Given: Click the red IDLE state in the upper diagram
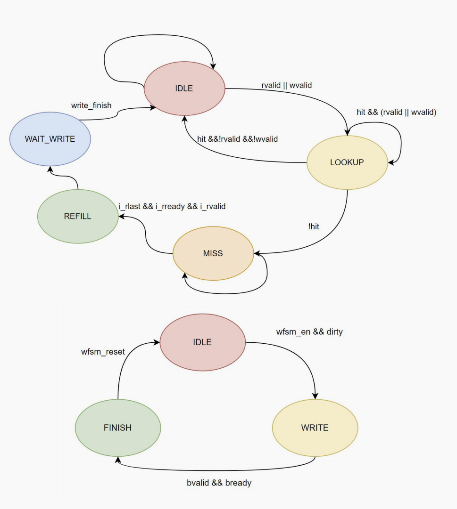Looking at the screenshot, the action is coord(184,89).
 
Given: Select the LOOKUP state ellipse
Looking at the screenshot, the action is coord(347,162).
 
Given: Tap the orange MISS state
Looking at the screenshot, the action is coord(213,253).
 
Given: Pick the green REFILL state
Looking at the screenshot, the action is coord(78,216).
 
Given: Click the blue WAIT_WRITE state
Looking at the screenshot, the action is coord(50,139).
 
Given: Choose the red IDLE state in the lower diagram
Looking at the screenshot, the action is coord(202,342).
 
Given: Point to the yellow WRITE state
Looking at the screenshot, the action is coord(315,428).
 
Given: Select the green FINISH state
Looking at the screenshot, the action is coord(117,428).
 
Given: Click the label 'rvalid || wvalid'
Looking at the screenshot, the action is coord(287,85).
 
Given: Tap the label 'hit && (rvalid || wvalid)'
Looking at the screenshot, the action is coord(397,113).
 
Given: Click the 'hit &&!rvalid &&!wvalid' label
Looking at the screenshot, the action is coord(237,139).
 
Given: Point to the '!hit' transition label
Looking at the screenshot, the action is coord(314,226).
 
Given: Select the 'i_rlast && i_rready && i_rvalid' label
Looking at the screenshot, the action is coord(172,206).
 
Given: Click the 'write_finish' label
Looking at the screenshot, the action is coord(91,105).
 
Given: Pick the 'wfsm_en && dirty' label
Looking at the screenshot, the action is coord(309,332).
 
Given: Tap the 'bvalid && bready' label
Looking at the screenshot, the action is coord(219,483).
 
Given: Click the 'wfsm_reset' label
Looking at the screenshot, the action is coord(103,352).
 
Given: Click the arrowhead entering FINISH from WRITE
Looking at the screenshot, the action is coord(118,460).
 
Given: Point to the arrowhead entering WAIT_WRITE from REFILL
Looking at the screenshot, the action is coord(50,169).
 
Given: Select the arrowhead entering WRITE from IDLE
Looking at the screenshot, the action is coord(315,396).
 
